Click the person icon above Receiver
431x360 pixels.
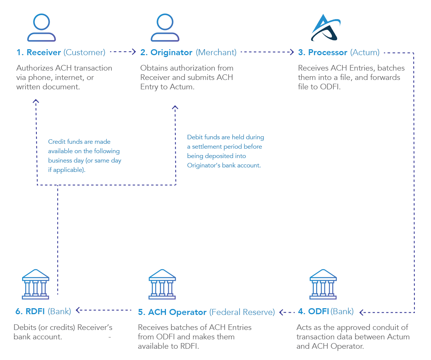[41, 28]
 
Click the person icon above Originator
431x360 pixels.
[165, 28]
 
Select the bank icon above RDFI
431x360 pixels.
[36, 284]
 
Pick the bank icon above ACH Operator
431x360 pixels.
[162, 284]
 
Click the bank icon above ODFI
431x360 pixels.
[323, 284]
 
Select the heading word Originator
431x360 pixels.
[172, 53]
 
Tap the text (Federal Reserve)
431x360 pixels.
[242, 312]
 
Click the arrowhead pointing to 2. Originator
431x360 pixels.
[133, 53]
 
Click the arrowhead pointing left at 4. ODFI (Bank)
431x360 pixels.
[361, 312]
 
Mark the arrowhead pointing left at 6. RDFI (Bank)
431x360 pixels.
[78, 310]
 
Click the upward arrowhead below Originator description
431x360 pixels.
[175, 107]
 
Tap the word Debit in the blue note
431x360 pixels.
[194, 137]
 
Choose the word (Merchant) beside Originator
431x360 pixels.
[216, 53]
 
